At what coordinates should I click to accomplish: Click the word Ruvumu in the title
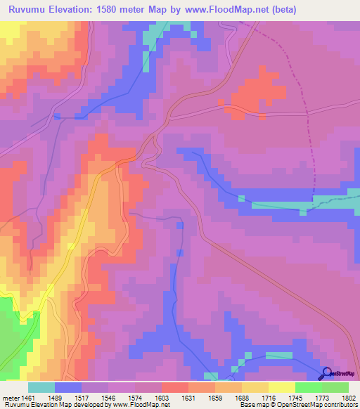(x=30, y=10)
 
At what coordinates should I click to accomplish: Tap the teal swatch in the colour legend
(x=41, y=387)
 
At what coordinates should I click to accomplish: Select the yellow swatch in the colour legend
(x=282, y=387)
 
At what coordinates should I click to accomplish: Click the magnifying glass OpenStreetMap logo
(x=326, y=373)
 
